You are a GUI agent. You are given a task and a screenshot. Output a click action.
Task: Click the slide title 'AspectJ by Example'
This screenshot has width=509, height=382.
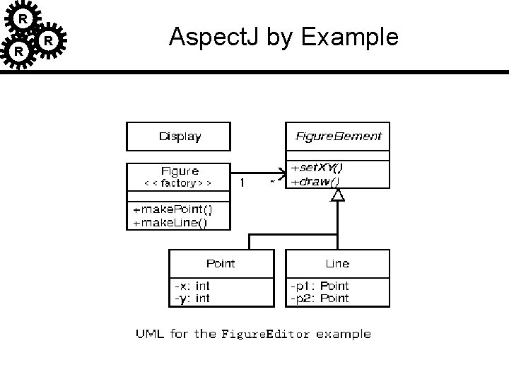pyautogui.click(x=283, y=37)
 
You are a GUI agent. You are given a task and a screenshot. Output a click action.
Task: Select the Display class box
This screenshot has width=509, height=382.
pyautogui.click(x=178, y=137)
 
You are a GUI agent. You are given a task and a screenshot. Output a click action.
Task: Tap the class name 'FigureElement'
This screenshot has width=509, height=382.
pyautogui.click(x=337, y=136)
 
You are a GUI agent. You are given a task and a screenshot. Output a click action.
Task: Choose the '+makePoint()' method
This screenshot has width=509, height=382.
pyautogui.click(x=172, y=210)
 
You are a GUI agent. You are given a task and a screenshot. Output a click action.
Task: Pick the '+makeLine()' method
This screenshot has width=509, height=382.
pyautogui.click(x=170, y=223)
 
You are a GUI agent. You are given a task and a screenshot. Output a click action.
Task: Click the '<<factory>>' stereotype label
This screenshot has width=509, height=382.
pyautogui.click(x=178, y=183)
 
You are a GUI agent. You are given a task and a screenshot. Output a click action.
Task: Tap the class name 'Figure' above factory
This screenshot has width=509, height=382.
pyautogui.click(x=180, y=170)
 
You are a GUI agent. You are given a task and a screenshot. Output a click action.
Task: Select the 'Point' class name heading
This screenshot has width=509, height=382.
pyautogui.click(x=221, y=263)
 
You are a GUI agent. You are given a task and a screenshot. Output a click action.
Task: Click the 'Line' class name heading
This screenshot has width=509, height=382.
pyautogui.click(x=337, y=263)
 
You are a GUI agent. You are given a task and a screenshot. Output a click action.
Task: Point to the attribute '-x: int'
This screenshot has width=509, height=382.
pyautogui.click(x=192, y=286)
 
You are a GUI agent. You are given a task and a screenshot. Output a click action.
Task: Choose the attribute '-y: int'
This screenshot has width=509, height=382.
pyautogui.click(x=192, y=298)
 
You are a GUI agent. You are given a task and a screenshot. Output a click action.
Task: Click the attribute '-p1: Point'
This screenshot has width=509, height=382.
pyautogui.click(x=320, y=286)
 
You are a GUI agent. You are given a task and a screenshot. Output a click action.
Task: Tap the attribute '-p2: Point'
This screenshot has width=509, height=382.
pyautogui.click(x=320, y=298)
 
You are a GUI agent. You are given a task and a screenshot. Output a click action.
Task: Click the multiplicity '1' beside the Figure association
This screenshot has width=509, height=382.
pyautogui.click(x=242, y=183)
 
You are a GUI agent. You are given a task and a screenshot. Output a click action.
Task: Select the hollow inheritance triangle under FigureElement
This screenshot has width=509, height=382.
pyautogui.click(x=338, y=195)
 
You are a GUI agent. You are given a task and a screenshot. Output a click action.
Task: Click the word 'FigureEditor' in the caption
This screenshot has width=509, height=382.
pyautogui.click(x=266, y=334)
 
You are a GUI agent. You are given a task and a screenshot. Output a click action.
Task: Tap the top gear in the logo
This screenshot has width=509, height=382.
pyautogui.click(x=23, y=18)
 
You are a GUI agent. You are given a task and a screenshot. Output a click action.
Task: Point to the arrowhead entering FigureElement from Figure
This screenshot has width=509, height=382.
pyautogui.click(x=281, y=171)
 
